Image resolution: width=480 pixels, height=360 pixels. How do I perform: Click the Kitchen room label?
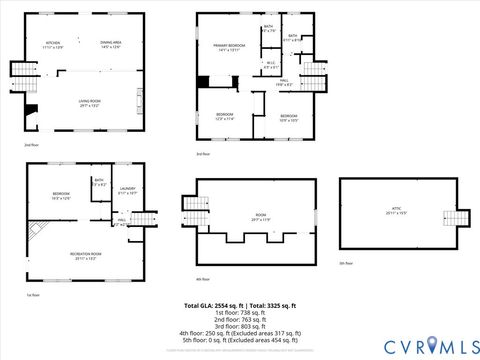pos(53,44)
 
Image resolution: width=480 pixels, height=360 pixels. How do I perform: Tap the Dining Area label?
pos(110,44)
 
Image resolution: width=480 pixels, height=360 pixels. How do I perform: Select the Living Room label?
pos(91,102)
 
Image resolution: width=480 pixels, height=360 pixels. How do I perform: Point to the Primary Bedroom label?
pos(229,47)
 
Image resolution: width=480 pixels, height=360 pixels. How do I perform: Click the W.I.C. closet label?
pos(270,65)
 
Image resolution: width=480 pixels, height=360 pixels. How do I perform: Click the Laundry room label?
pos(127,190)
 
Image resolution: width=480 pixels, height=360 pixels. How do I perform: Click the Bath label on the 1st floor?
pos(99,182)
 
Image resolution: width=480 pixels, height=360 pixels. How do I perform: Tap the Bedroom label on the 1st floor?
pos(61,195)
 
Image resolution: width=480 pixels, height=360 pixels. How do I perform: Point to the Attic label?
pos(397,212)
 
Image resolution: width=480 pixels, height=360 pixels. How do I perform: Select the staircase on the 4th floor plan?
pos(193,205)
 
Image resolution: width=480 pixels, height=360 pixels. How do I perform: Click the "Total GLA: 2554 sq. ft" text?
pos(213,304)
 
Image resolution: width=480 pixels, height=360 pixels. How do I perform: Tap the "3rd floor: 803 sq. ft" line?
pos(239,325)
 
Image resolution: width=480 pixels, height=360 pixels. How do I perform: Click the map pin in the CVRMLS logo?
pos(432,345)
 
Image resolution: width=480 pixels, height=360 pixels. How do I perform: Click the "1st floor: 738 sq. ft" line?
pos(239,311)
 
